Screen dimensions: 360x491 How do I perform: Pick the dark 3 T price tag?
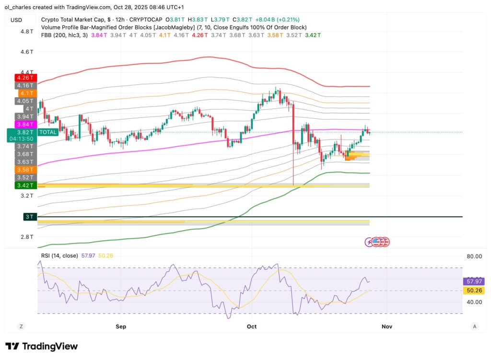click(29, 217)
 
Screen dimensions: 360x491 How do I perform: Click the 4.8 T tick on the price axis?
click(27, 31)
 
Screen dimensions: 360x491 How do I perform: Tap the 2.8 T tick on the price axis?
click(27, 237)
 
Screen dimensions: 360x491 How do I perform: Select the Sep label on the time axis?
click(121, 326)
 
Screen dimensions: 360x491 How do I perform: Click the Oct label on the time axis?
click(251, 326)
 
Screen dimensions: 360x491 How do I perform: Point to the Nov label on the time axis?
click(386, 326)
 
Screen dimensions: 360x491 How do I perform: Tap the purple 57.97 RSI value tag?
click(473, 282)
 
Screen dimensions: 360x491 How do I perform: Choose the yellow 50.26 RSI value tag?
click(473, 290)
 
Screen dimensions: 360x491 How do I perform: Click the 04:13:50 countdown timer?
click(22, 139)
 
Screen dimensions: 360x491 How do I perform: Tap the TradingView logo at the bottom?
click(41, 346)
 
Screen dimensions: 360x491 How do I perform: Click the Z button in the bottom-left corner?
click(22, 326)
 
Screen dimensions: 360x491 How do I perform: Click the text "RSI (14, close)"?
click(59, 255)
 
